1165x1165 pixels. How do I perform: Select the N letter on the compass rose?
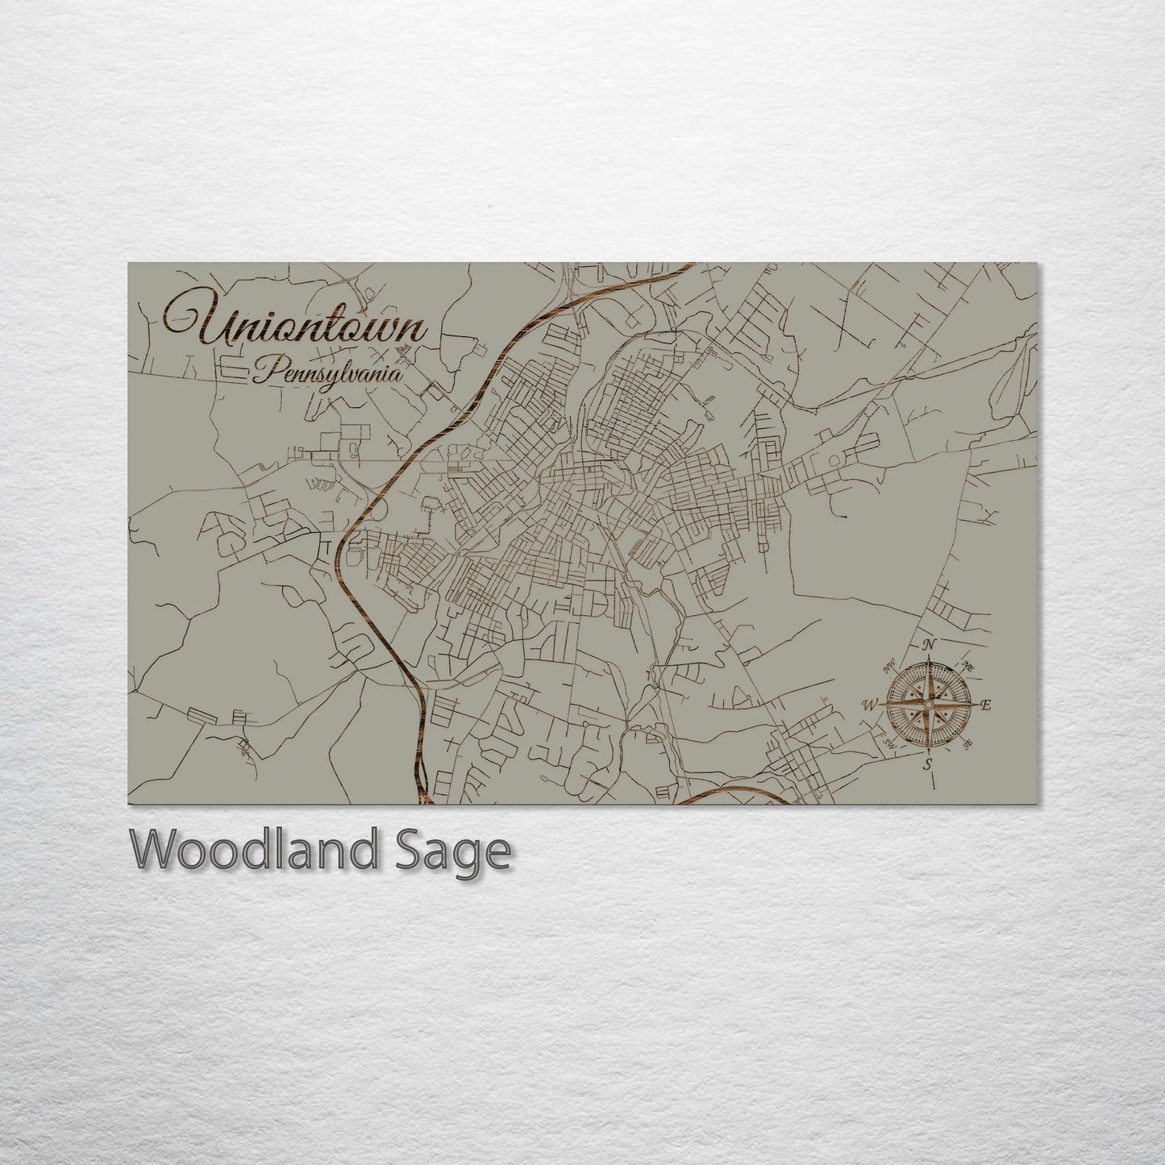(929, 644)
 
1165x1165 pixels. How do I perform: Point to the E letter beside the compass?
(985, 705)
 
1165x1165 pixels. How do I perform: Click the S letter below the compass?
(928, 764)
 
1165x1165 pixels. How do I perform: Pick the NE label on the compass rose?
(968, 666)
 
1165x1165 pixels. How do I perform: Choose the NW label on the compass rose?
(890, 666)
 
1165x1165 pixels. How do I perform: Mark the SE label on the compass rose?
(968, 743)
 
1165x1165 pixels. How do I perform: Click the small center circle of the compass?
(929, 705)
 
